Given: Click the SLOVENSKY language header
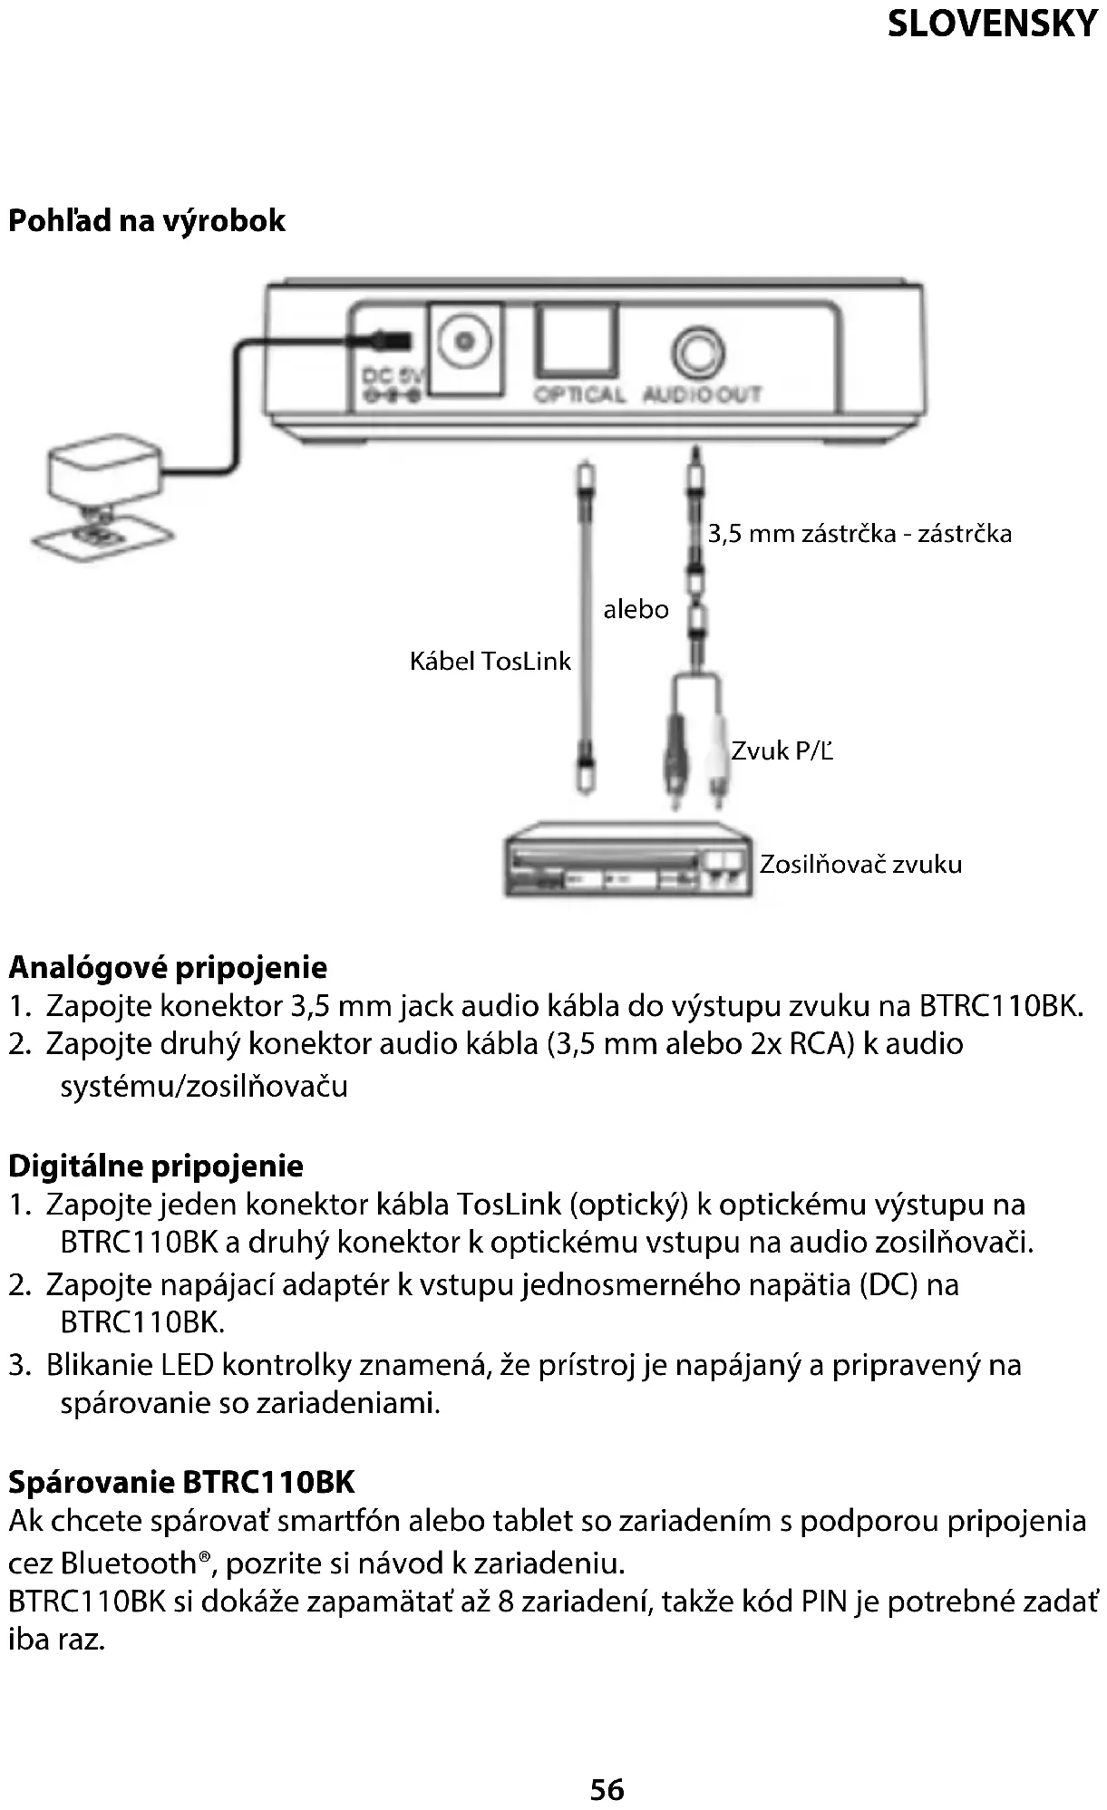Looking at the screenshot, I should click(x=992, y=24).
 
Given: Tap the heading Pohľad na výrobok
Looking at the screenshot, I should click(x=147, y=220).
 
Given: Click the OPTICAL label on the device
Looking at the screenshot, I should click(x=579, y=395).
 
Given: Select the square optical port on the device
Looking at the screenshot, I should click(x=577, y=341).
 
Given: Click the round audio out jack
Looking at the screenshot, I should click(x=698, y=352).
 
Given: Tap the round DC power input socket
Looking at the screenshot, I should click(x=466, y=342).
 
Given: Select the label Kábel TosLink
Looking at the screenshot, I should click(x=490, y=661).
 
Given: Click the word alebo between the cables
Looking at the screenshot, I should click(x=636, y=609).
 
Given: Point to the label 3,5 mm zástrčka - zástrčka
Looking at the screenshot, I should click(x=859, y=533).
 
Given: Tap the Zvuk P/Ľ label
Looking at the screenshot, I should click(x=782, y=750).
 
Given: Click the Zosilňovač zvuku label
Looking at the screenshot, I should click(x=860, y=864).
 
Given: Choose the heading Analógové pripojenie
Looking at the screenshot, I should click(x=168, y=967).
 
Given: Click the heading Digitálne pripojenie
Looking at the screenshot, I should click(x=156, y=1166).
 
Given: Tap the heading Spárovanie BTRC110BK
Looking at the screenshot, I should click(x=181, y=1482).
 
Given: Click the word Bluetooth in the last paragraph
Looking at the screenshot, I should click(x=128, y=1563).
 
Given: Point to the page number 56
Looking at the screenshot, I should click(x=607, y=1789).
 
